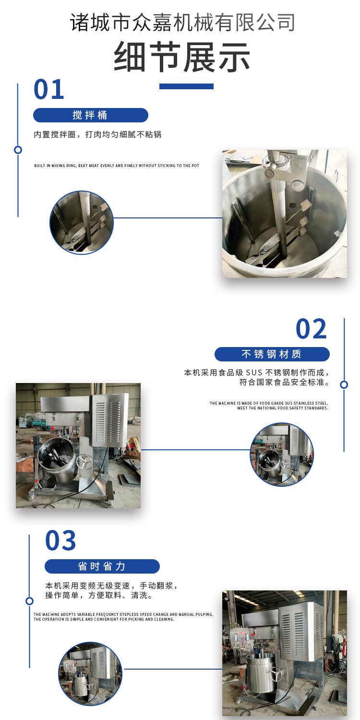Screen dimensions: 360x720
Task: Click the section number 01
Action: click(49, 89)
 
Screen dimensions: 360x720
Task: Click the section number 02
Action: click(311, 329)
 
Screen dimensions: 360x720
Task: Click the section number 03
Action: click(60, 540)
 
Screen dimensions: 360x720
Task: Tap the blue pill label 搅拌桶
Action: click(90, 115)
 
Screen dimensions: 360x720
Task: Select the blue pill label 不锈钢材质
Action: click(272, 354)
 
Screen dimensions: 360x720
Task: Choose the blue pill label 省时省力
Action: click(102, 566)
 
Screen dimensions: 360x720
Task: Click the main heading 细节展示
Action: click(182, 57)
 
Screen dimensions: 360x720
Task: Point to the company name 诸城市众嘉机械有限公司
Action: click(182, 23)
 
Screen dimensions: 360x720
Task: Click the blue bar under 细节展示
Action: click(186, 86)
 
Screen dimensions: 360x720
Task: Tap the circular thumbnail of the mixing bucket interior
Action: click(82, 222)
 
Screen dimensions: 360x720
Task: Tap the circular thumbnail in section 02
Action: click(282, 455)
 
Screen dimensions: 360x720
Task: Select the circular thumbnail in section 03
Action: click(90, 674)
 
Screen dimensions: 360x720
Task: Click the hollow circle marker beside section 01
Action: click(18, 150)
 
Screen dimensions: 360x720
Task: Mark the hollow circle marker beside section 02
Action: click(344, 384)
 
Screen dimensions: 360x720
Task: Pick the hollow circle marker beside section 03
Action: click(30, 601)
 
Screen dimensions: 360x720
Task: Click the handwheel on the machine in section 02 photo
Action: click(85, 461)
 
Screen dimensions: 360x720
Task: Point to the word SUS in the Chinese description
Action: click(254, 372)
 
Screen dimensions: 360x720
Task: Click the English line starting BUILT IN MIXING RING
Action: click(117, 166)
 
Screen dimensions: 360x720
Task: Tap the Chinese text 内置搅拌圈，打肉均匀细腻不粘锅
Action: click(97, 134)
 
